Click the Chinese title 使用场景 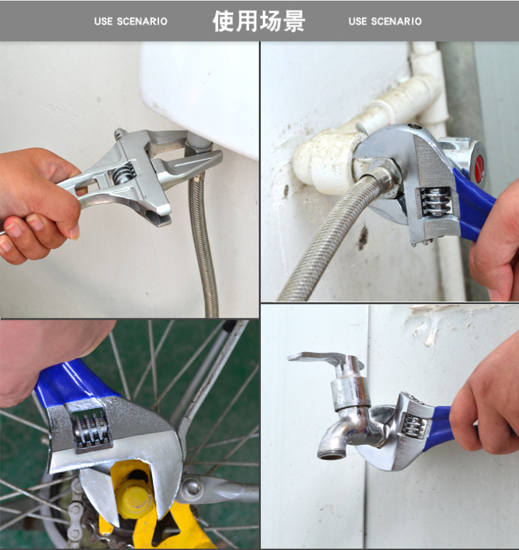click(259, 21)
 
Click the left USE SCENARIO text click(130, 21)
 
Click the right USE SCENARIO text click(385, 21)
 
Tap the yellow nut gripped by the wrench click(134, 496)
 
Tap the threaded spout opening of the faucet click(331, 455)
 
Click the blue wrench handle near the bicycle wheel click(70, 382)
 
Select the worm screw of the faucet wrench click(413, 424)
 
